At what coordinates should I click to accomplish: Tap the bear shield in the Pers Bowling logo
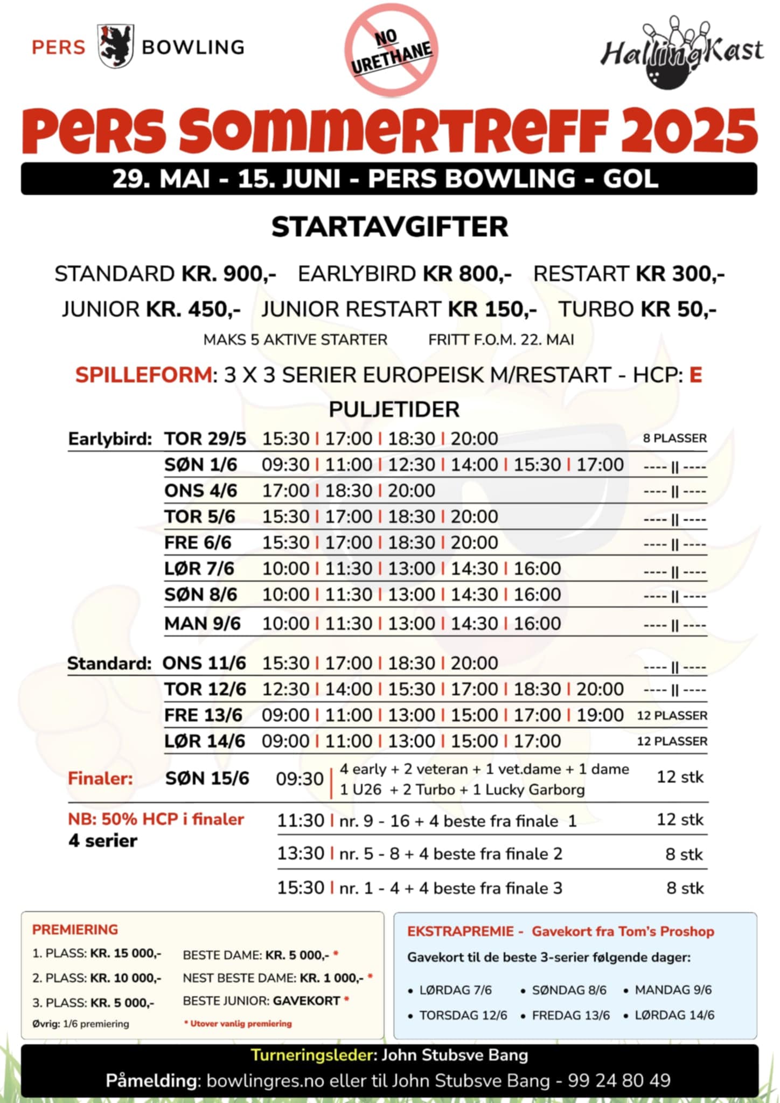(x=115, y=46)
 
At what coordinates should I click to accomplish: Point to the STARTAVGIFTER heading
(x=389, y=227)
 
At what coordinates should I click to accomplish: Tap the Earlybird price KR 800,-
(x=467, y=274)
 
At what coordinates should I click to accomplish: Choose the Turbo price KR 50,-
(x=678, y=310)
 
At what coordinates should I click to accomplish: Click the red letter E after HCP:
(x=695, y=375)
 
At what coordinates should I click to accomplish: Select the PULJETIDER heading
(x=394, y=410)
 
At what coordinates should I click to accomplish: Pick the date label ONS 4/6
(x=200, y=491)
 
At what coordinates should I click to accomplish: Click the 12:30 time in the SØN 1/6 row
(x=412, y=465)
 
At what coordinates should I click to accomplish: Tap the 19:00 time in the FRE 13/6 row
(x=600, y=715)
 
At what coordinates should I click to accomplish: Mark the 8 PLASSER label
(x=674, y=438)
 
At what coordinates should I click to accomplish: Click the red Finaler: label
(x=100, y=778)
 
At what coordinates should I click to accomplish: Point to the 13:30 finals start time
(x=301, y=854)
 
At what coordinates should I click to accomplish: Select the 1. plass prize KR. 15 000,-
(x=126, y=953)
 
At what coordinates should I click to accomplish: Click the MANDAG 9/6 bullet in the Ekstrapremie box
(x=673, y=990)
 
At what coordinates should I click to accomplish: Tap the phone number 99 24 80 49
(x=619, y=1080)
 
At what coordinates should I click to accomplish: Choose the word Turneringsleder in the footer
(x=312, y=1055)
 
